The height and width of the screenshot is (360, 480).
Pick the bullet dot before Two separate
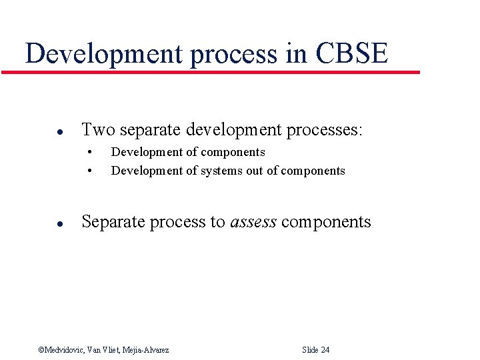coord(41,131)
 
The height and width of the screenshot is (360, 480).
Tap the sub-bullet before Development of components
coord(89,153)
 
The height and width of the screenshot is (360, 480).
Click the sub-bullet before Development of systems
coord(89,171)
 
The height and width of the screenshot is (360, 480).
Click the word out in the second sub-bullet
coord(255,171)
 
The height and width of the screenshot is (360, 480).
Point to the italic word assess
coord(253,223)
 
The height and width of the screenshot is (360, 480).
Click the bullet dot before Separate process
coord(41,223)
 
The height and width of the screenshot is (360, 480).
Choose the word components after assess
coord(326,223)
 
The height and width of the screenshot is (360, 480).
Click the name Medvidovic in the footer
coord(66,350)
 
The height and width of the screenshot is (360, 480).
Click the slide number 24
coord(325,350)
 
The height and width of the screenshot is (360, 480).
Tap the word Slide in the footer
coord(310,350)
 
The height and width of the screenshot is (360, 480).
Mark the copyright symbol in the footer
coord(41,350)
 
